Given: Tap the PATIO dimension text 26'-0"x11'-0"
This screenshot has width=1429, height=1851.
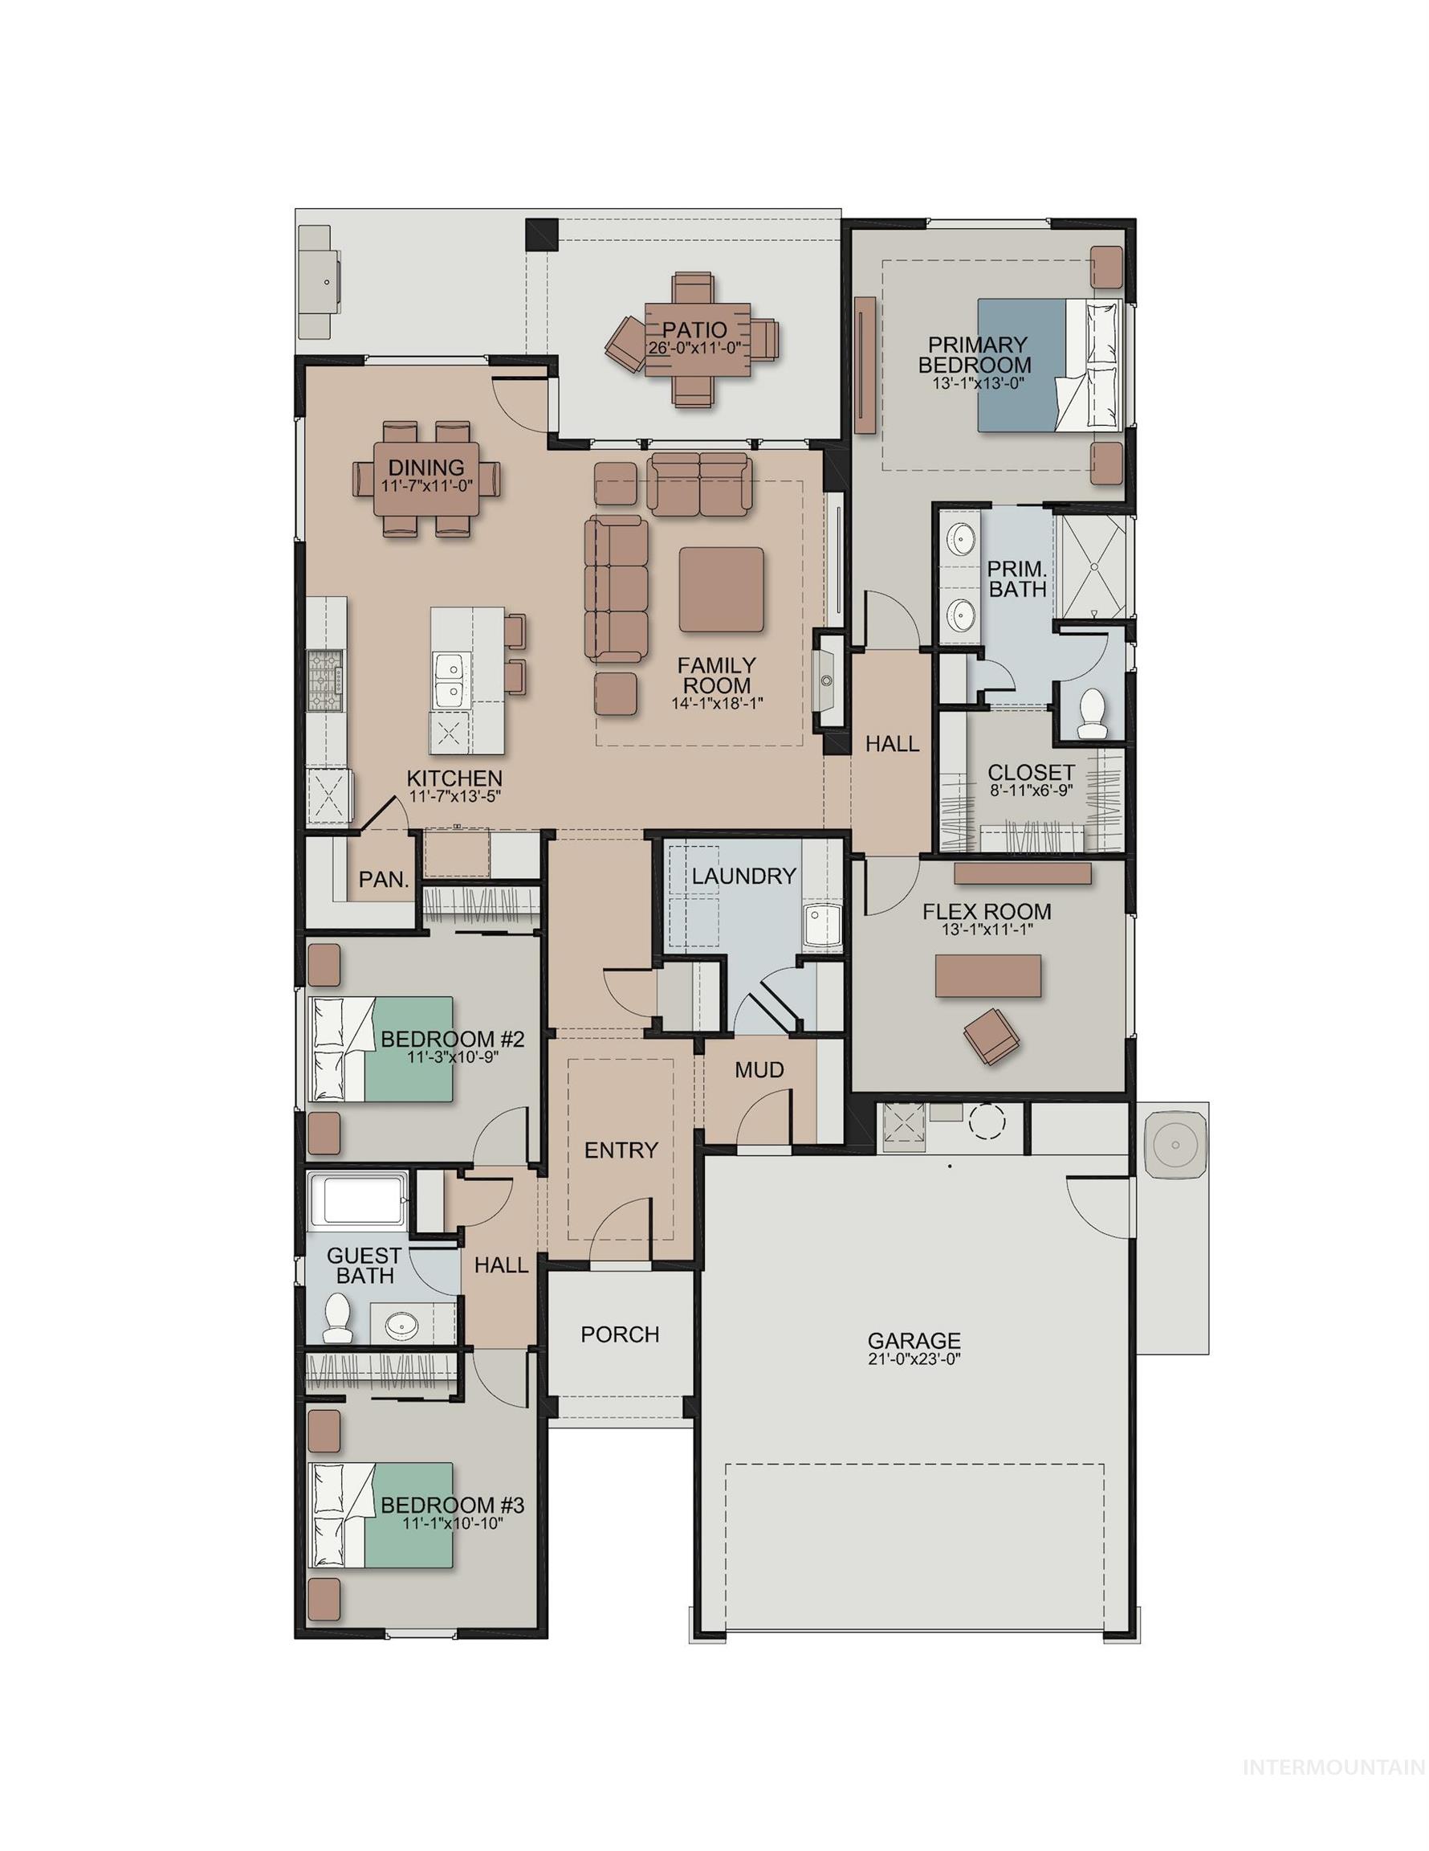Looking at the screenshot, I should pos(694,349).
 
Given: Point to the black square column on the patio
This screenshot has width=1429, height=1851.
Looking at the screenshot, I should pos(541,235).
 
